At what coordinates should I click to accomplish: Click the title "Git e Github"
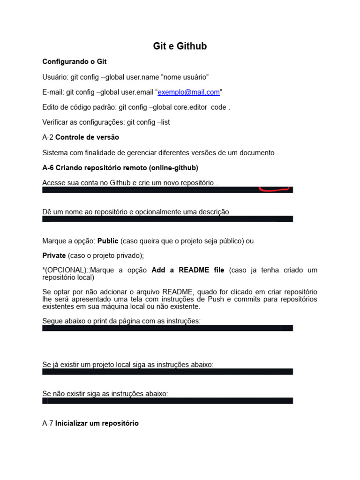pos(180,46)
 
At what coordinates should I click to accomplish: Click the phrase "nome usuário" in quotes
pos(185,76)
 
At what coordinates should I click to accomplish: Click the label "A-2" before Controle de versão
pos(48,137)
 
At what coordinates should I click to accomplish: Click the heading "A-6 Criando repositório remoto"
pos(120,168)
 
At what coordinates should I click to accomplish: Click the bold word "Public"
pos(108,241)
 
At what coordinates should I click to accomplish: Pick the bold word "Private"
pos(54,255)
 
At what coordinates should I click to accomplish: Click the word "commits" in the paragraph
pos(247,299)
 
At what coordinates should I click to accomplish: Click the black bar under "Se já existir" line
pos(167,371)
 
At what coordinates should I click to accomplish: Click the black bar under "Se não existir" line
pos(167,401)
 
